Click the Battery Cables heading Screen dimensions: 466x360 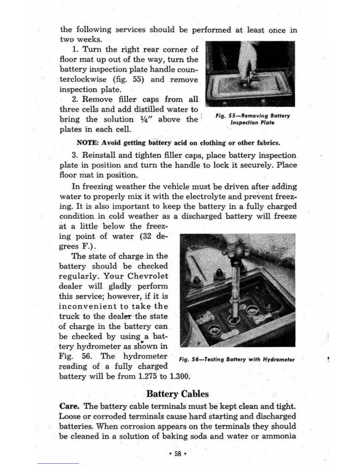[x=177, y=394]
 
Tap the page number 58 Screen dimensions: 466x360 [x=178, y=454]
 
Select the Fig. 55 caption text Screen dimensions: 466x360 [x=252, y=119]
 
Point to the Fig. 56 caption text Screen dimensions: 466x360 [x=236, y=360]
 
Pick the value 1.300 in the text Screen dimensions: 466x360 [x=179, y=376]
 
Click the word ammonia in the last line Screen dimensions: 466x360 [x=279, y=436]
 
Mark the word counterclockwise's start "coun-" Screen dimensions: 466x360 [x=187, y=69]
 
